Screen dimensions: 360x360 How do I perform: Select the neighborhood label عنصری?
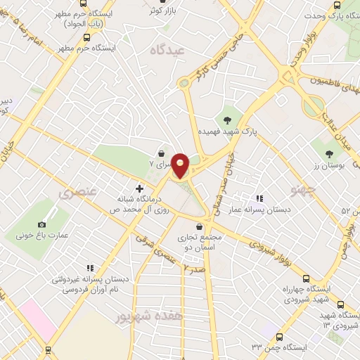coord(78,191)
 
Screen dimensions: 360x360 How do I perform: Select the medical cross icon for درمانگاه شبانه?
coord(139,188)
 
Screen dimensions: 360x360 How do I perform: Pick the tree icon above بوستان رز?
coord(330,153)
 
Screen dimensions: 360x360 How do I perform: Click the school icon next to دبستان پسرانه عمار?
coord(259,199)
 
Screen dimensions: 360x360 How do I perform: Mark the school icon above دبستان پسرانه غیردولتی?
coord(90,268)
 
